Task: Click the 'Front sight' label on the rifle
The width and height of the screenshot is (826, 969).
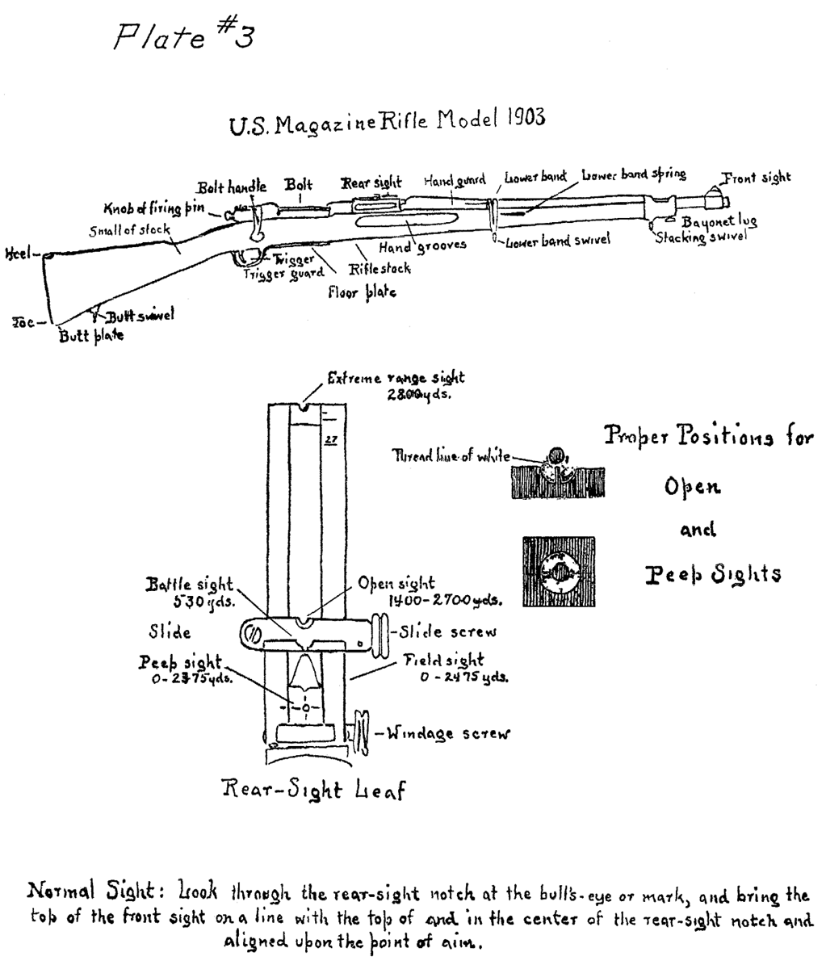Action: click(756, 178)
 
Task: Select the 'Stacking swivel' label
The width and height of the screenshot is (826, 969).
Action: click(700, 237)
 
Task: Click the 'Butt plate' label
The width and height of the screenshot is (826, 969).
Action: click(91, 336)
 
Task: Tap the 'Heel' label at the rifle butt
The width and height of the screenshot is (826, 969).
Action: click(17, 254)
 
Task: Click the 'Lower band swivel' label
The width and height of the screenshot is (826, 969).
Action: click(557, 241)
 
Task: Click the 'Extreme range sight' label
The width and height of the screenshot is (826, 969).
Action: click(396, 378)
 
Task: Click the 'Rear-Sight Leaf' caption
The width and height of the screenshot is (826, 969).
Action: click(313, 789)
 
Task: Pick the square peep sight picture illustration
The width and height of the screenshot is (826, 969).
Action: click(558, 572)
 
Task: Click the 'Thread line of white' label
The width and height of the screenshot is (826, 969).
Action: click(451, 456)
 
